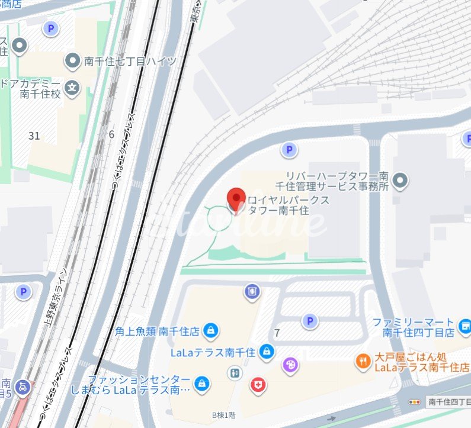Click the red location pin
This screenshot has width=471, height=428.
(x=237, y=199)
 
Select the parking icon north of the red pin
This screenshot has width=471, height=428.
(x=289, y=150)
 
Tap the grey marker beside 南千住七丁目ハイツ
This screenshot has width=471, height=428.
(x=72, y=60)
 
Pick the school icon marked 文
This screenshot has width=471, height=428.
(x=72, y=88)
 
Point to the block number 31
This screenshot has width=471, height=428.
(x=34, y=136)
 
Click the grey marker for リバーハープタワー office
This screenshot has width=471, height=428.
(x=401, y=180)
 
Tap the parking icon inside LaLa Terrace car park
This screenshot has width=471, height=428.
(x=309, y=321)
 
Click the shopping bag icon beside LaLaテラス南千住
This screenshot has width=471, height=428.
(x=267, y=352)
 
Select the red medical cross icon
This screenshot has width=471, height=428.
(x=258, y=385)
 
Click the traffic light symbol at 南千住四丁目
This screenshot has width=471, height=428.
(x=415, y=402)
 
